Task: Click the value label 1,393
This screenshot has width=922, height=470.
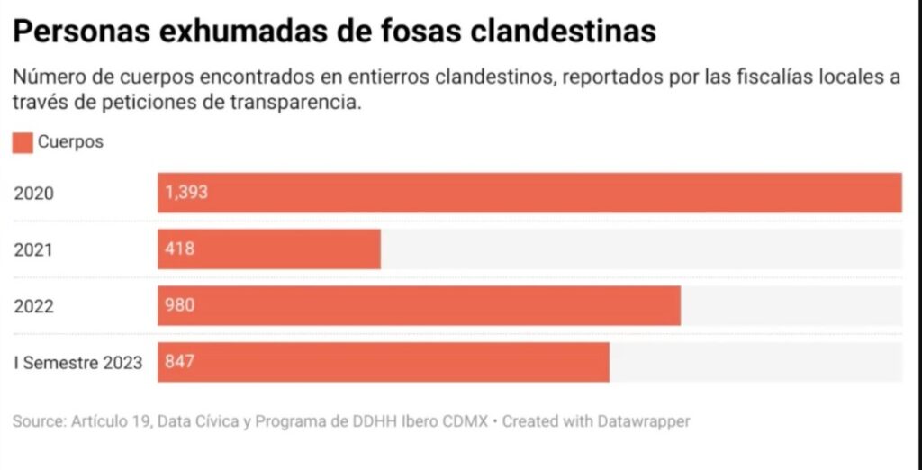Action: point(188,193)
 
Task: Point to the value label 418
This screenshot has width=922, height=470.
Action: point(180,249)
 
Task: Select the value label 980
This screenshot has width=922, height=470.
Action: point(180,306)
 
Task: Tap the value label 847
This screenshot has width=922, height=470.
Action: point(180,363)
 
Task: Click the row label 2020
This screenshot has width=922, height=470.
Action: point(34,193)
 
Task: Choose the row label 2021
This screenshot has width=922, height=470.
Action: point(34,249)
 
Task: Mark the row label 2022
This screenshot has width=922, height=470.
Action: point(34,306)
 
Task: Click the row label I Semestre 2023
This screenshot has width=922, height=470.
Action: point(77,363)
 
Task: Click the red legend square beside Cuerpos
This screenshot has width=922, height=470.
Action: point(23,142)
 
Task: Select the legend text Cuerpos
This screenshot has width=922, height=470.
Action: point(70,142)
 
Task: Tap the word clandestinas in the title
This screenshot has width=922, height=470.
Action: point(565,32)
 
